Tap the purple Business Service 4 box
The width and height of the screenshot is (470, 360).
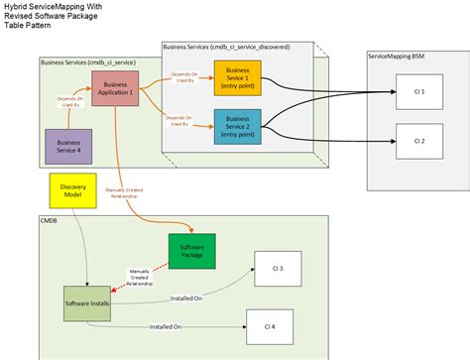click(67, 146)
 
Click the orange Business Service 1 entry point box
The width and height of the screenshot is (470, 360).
click(237, 79)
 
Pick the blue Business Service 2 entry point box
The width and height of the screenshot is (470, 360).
click(237, 127)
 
